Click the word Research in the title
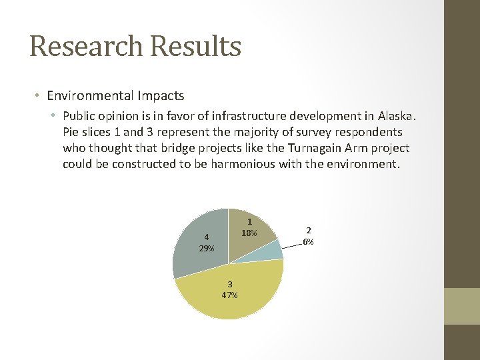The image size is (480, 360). pos(85,47)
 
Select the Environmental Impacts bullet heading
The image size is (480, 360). pos(115,95)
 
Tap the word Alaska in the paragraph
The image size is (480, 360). pos(397,116)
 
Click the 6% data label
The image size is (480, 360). pos(308,242)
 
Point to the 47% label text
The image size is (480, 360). pos(229,295)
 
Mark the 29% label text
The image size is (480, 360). pos(206,249)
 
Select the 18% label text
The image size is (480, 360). pos(249,233)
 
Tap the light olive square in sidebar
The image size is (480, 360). pos(462,306)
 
